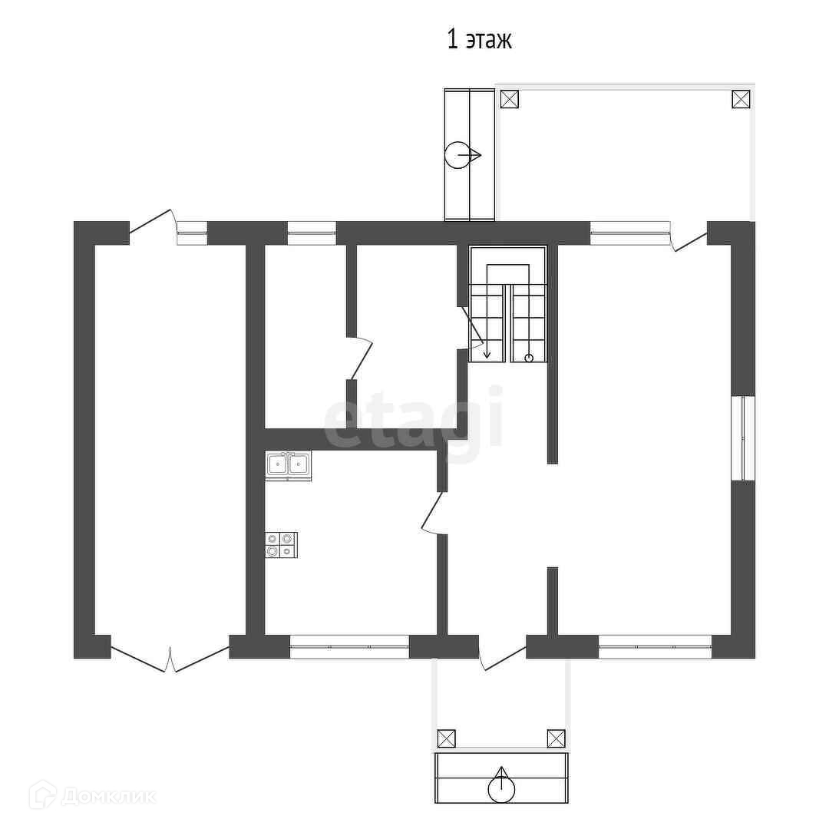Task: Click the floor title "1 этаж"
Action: click(479, 40)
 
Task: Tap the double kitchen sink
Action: click(288, 465)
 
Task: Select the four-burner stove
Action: click(281, 545)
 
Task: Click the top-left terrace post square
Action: click(510, 99)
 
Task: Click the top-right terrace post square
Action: click(741, 99)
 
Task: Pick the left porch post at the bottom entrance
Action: click(446, 738)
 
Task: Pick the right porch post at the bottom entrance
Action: click(556, 738)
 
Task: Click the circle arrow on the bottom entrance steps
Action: click(501, 785)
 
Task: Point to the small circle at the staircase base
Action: click(529, 358)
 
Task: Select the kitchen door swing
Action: click(433, 514)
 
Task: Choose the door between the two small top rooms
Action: click(361, 358)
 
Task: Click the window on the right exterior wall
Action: click(743, 438)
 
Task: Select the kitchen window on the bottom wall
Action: click(349, 646)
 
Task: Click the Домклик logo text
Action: click(108, 796)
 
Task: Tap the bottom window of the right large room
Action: click(655, 646)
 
